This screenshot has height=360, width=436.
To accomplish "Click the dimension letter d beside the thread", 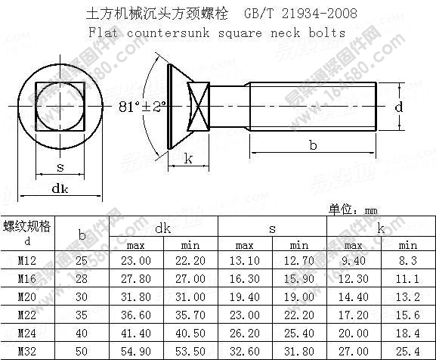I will coord(399,107).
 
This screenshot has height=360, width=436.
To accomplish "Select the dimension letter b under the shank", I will coord(313,146).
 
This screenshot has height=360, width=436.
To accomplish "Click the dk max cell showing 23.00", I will coord(136,260).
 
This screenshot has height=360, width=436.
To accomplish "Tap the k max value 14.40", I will coord(354,297).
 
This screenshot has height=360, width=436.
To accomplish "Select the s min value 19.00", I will coord(299,297).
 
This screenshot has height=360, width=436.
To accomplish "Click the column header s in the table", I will coord(272,228).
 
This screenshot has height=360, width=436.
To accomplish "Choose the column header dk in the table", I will coord(163,228).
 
